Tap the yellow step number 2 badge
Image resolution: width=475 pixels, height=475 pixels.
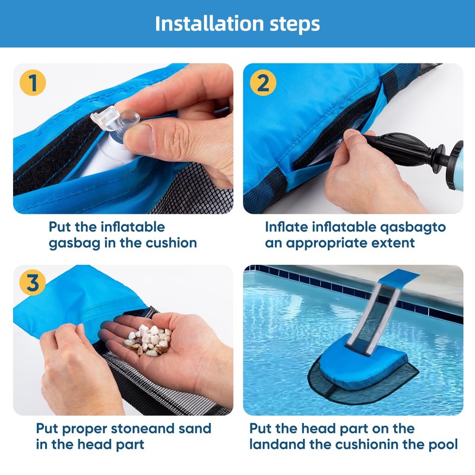263,83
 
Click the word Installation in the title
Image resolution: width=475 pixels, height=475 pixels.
208,23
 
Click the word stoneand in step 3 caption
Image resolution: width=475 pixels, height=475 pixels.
143,429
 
